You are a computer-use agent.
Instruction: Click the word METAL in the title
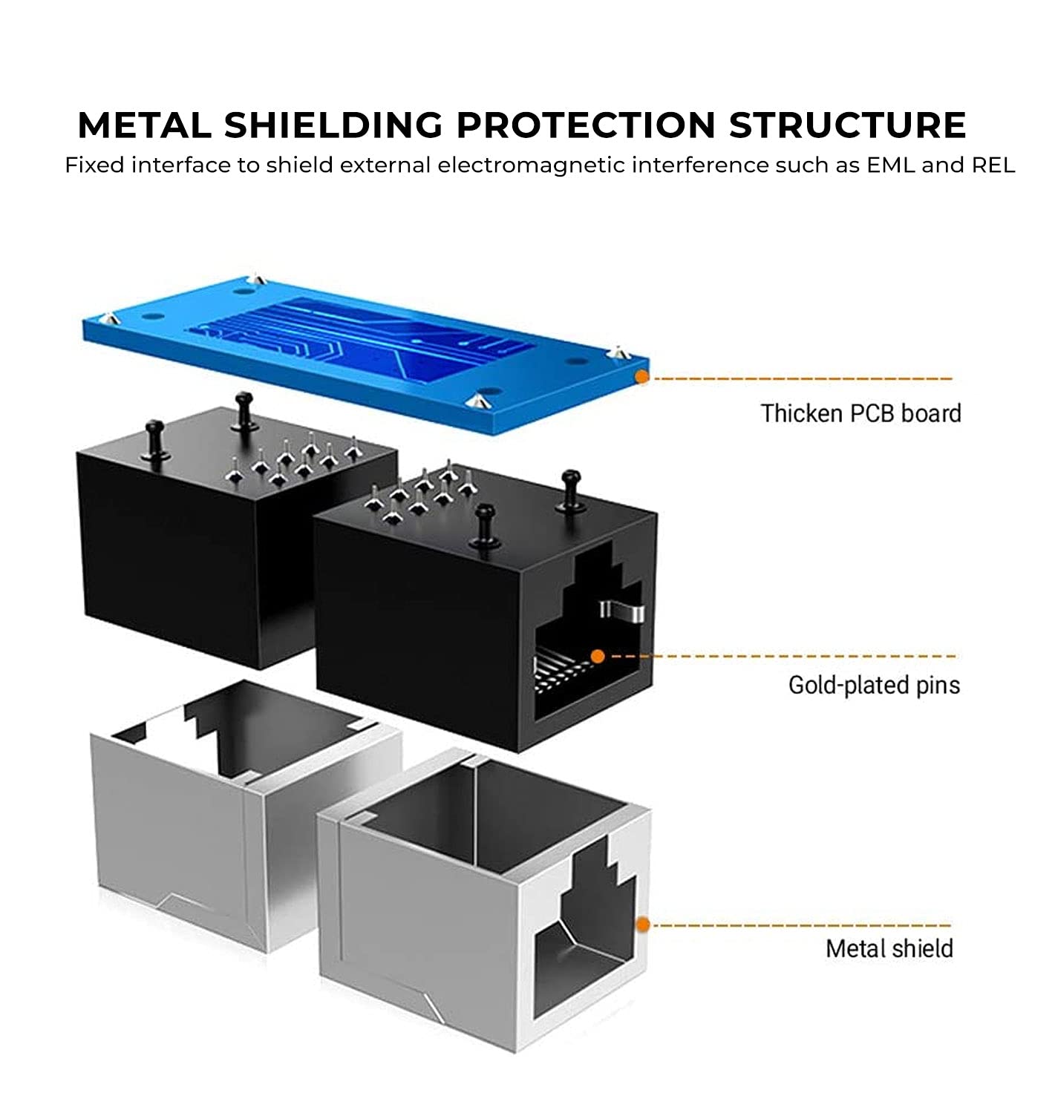[x=144, y=125]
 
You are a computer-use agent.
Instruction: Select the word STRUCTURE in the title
[x=847, y=125]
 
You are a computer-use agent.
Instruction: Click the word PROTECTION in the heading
[x=586, y=125]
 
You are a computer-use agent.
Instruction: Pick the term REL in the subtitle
[x=993, y=165]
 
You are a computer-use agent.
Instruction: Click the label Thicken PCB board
[x=860, y=413]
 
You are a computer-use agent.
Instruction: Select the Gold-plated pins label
[x=874, y=685]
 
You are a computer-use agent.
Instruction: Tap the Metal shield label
[x=889, y=948]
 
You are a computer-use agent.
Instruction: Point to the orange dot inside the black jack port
[x=597, y=656]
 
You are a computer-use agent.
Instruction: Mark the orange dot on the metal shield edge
[x=643, y=925]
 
